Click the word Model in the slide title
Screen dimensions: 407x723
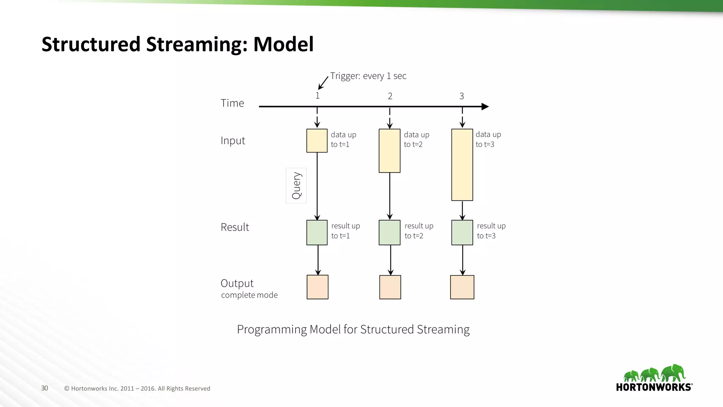283,44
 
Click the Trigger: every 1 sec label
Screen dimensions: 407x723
368,76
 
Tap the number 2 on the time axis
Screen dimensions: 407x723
390,96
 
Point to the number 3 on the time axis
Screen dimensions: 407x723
461,96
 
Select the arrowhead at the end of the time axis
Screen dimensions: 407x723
485,106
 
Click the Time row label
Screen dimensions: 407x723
232,103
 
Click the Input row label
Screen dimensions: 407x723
233,141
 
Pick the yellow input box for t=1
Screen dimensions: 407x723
317,141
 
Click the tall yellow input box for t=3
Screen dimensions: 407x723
462,165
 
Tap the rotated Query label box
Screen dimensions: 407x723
296,185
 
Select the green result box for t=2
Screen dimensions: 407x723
389,232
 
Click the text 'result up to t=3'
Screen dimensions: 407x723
491,231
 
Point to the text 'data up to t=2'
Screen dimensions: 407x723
416,139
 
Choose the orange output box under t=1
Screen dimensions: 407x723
317,287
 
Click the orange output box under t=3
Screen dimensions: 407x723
462,287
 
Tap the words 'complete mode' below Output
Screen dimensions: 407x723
249,295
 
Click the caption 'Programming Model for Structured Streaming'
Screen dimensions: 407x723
353,329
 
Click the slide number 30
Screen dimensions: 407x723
44,388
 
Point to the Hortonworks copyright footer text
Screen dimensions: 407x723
137,388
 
